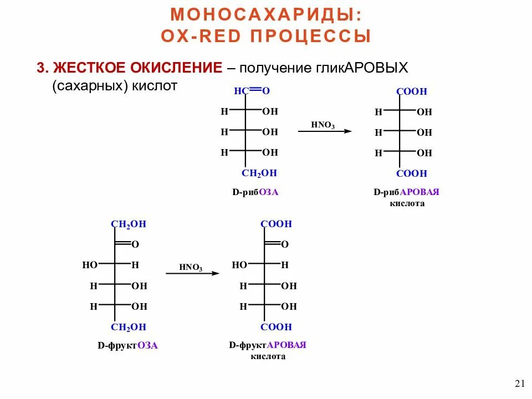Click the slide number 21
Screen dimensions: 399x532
[x=519, y=383]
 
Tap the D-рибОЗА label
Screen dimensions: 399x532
[x=255, y=193]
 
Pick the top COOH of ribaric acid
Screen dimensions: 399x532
[x=412, y=92]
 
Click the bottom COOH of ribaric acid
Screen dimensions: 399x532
[x=412, y=173]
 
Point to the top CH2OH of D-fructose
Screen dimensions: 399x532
[x=129, y=224]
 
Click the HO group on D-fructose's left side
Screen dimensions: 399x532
[x=90, y=265]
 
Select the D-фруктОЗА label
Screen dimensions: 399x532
[x=128, y=345]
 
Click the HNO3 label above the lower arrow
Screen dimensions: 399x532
[x=191, y=267]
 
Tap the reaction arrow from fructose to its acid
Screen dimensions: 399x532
[x=192, y=273]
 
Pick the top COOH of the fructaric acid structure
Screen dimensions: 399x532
[x=276, y=224]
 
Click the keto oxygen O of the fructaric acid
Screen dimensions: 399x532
[x=285, y=244]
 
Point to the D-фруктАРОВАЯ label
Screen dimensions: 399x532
[x=268, y=345]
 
